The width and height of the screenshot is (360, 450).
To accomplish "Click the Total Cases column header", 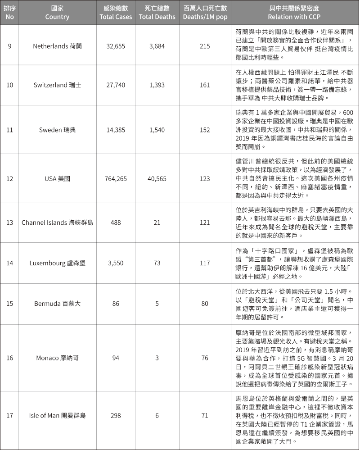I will coord(116,13).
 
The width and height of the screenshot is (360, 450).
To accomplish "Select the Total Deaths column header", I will coord(157,13).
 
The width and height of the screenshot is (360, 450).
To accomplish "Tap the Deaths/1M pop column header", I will coord(205,13).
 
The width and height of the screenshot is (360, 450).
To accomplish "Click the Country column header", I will coord(57,13).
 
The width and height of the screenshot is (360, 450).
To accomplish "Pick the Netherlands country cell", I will coord(57,46).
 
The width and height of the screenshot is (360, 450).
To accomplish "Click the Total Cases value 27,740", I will coord(116,85).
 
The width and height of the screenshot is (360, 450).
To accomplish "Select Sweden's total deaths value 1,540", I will coord(157,130).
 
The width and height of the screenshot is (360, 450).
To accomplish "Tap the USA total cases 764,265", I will coord(116,178).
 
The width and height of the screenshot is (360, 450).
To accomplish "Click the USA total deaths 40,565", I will coord(157,178).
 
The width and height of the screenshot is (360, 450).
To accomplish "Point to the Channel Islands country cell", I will coord(57,223).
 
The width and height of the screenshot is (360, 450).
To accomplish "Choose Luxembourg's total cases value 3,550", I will coord(116,263).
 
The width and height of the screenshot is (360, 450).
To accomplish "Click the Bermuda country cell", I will coord(57,304).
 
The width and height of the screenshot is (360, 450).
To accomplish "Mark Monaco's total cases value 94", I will coord(116,358).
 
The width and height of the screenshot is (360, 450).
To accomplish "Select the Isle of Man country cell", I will coord(57,415).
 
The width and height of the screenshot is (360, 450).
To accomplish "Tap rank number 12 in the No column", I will coord(10,178).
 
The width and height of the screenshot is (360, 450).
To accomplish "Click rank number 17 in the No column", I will coord(10,415).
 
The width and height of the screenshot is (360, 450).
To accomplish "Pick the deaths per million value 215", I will coord(205,46).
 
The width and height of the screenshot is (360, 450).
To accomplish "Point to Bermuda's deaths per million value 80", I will coord(205,304).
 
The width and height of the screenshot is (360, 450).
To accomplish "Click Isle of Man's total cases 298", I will coord(116,415).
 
